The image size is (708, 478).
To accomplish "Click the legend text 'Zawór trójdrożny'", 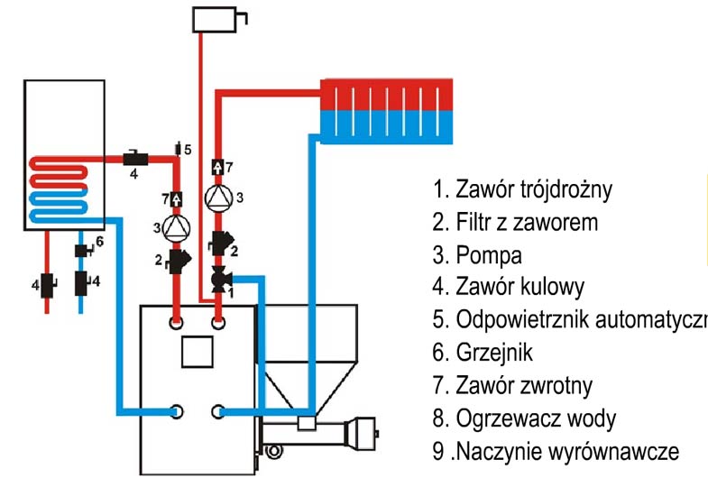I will [x=533, y=190].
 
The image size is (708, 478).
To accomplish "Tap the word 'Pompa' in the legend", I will [x=489, y=254].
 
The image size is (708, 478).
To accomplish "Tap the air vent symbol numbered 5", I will [x=178, y=148].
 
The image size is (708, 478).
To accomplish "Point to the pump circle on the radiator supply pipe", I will [x=217, y=197].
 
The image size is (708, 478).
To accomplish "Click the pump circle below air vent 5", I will [x=178, y=227].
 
